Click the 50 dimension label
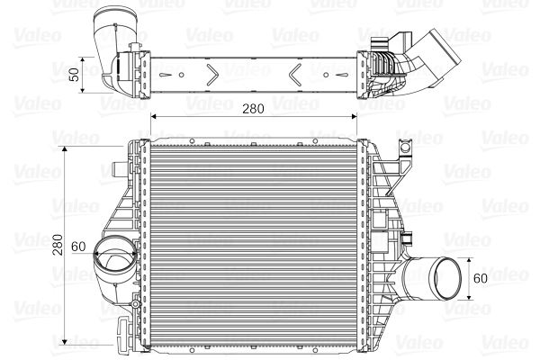85,70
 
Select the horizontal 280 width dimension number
253,109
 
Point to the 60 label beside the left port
77,244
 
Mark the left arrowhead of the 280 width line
153,117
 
